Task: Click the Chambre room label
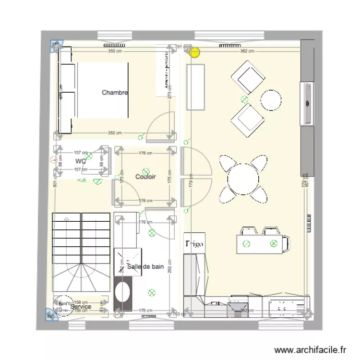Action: click(114, 93)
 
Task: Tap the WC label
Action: click(80, 161)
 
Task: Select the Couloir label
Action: click(145, 177)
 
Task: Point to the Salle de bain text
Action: click(145, 267)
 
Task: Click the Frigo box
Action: click(194, 244)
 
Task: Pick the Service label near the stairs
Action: click(80, 306)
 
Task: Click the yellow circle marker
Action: click(194, 52)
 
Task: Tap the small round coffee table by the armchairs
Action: click(271, 100)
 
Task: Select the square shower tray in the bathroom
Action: click(128, 262)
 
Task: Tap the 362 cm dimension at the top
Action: click(246, 50)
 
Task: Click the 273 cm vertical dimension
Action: click(169, 95)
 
